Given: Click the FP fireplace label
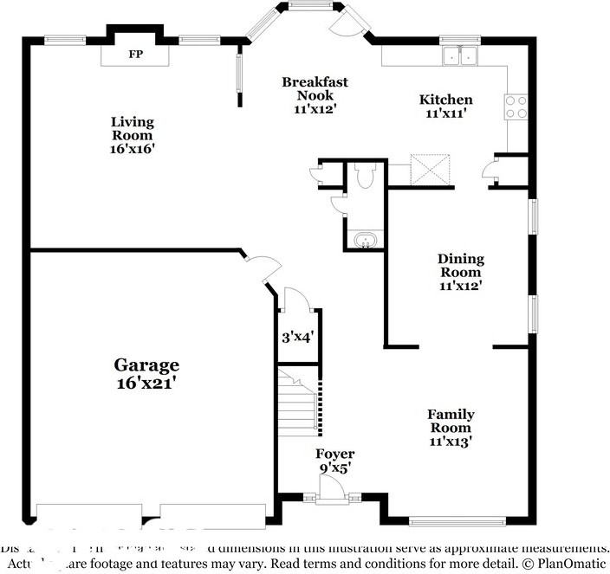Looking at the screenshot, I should click(135, 55).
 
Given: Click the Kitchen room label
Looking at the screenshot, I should click(446, 106).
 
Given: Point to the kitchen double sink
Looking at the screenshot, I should click(460, 56).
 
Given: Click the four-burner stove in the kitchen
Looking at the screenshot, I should click(516, 106).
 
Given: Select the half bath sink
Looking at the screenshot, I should click(367, 239).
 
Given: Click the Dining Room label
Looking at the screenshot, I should click(460, 271).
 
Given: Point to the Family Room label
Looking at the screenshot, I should click(451, 427).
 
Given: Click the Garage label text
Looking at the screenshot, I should click(146, 365).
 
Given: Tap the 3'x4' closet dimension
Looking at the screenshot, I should click(296, 339).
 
